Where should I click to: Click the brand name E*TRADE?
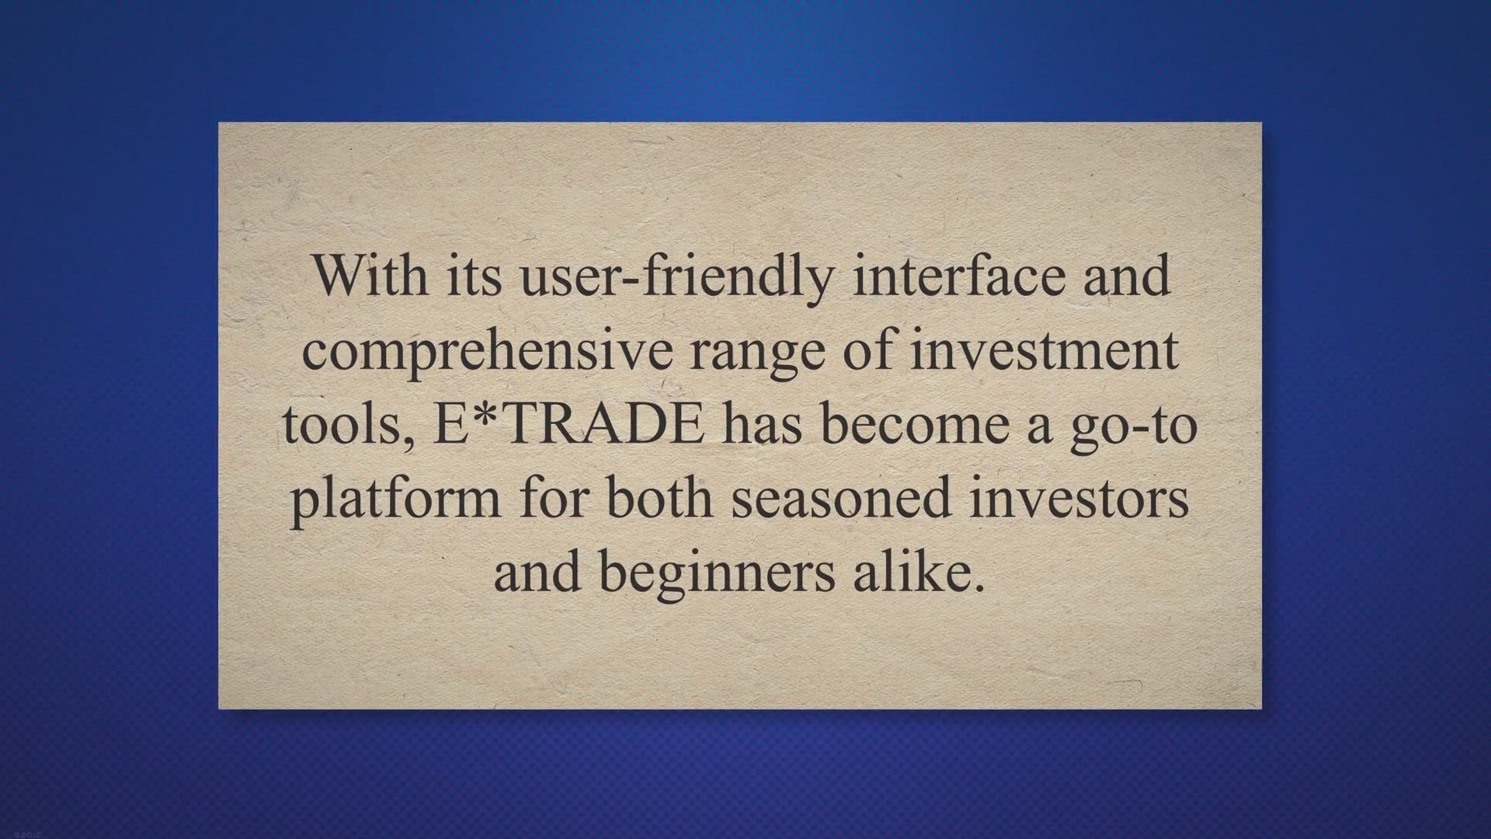[568, 424]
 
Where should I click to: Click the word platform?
[396, 500]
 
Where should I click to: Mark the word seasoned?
[842, 498]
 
